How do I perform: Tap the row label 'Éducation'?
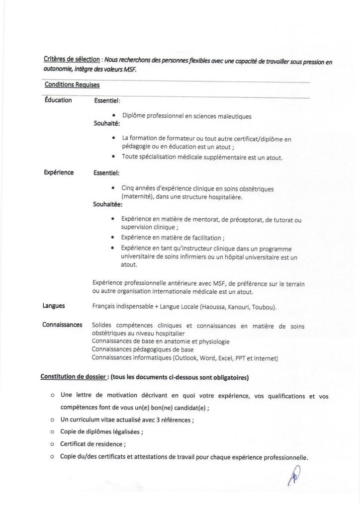tap(58, 100)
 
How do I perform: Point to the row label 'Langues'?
tap(54, 306)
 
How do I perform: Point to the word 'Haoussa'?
tap(215, 307)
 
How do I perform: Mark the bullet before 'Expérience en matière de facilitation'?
tap(115, 238)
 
